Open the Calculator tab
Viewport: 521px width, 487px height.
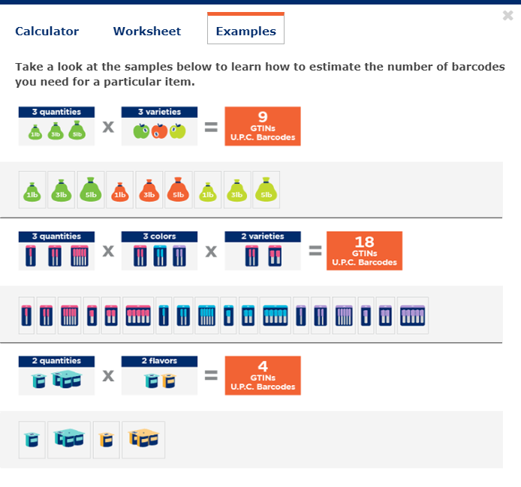47,32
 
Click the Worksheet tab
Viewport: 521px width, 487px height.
147,32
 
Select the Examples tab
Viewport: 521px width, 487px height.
245,32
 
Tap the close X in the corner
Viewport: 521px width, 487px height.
508,15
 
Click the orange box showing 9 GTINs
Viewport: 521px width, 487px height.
263,126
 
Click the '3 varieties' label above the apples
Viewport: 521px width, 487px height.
159,112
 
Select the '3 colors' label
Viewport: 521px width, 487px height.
159,236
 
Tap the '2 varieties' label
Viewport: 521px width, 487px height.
262,236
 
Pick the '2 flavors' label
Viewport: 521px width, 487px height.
159,361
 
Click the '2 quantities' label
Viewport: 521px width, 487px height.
56,361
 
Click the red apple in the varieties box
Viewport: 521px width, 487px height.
159,131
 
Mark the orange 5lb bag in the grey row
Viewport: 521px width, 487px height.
178,190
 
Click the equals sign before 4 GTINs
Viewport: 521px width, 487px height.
212,375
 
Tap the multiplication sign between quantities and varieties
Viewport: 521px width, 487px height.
108,127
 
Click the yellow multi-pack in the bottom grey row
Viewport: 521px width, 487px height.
144,439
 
